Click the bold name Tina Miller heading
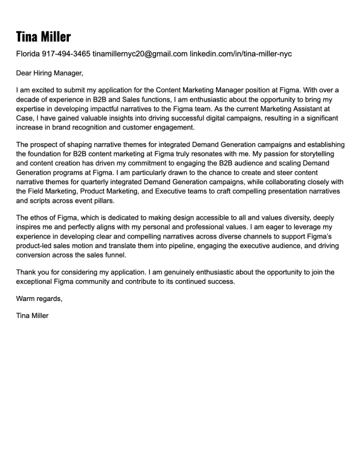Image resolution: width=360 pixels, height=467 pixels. pyautogui.click(x=44, y=36)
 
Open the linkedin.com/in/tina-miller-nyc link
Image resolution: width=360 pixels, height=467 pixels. pyautogui.click(x=241, y=54)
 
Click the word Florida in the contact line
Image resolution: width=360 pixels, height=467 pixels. pyautogui.click(x=28, y=54)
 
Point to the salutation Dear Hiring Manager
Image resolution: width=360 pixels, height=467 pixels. pyautogui.click(x=49, y=73)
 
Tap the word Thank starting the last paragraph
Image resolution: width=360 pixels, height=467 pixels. pyautogui.click(x=27, y=272)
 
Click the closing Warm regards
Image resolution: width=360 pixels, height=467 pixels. pyautogui.click(x=39, y=299)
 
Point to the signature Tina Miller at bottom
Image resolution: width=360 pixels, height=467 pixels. pyautogui.click(x=32, y=315)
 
